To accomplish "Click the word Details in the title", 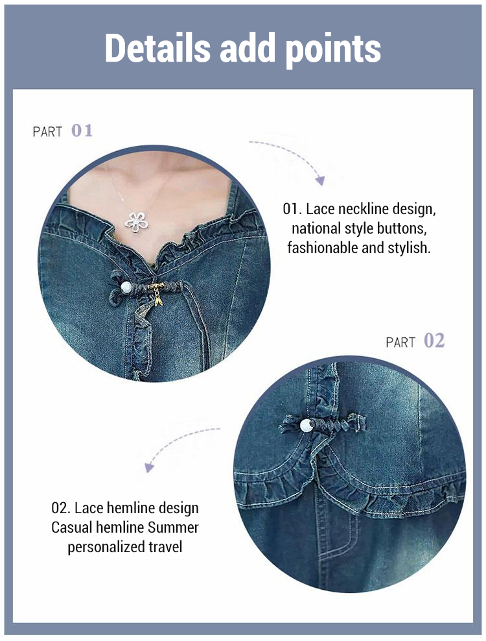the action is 157,47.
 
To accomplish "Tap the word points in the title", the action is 333,50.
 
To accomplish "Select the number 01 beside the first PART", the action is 82,131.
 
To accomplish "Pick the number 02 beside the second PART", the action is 434,341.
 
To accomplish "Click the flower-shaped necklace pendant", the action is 137,222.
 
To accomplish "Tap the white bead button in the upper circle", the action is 126,287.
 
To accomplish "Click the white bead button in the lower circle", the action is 307,426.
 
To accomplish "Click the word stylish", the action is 410,248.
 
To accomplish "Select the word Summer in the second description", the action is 173,527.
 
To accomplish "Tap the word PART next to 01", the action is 47,132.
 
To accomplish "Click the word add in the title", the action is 248,47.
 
